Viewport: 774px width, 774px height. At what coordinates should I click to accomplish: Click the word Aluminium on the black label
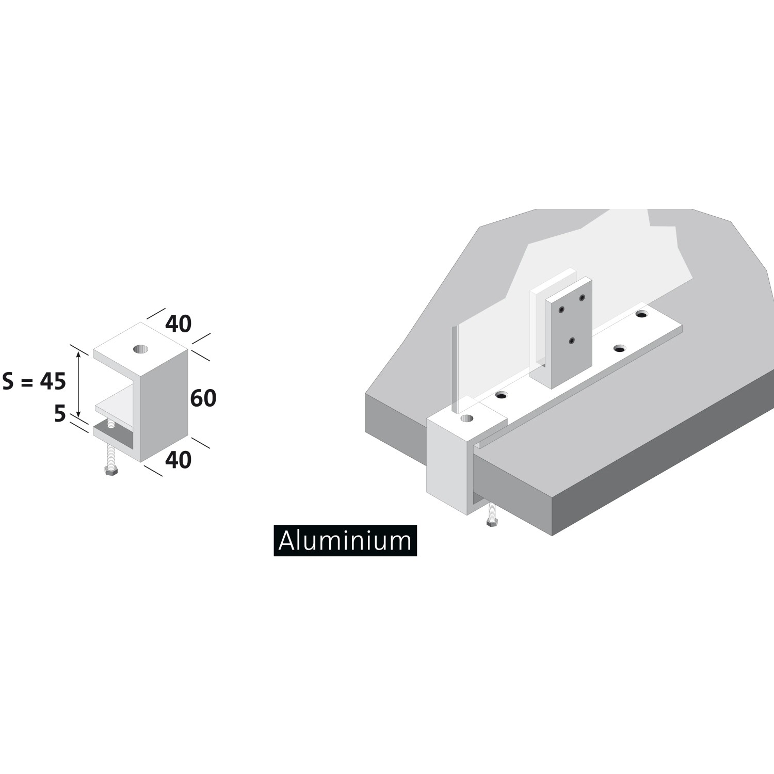click(345, 540)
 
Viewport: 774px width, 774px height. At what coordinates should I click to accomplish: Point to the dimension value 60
click(203, 398)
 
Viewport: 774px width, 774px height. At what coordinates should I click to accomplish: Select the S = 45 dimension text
click(34, 382)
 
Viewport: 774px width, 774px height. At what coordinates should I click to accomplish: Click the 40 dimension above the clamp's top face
click(179, 324)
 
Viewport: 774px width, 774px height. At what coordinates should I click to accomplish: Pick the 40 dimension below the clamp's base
click(179, 460)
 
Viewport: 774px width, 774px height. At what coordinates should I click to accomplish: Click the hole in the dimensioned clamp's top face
click(140, 349)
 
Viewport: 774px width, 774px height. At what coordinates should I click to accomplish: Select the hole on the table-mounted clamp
click(467, 418)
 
